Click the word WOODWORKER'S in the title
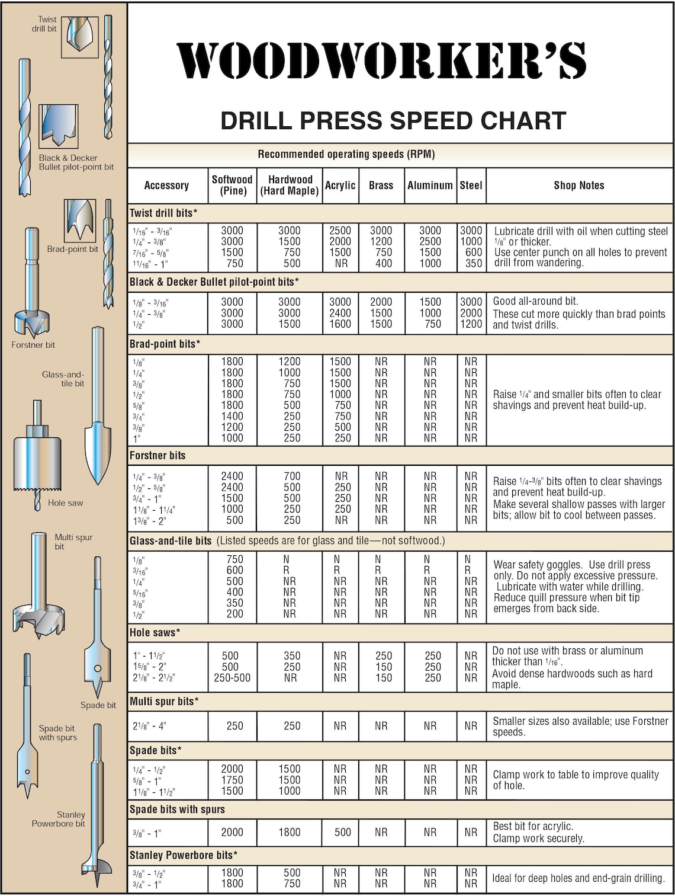(x=381, y=61)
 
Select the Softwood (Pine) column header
(x=232, y=185)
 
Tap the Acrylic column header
(x=340, y=185)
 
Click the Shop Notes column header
(x=578, y=185)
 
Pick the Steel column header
(x=471, y=185)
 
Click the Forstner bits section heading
(x=157, y=456)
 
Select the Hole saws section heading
(x=155, y=633)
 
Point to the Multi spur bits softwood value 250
(x=234, y=726)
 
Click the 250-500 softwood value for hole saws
(x=232, y=678)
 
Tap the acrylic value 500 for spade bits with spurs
(x=342, y=833)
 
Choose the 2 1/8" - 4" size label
(x=149, y=726)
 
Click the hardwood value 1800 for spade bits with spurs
(x=290, y=833)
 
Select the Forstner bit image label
(x=33, y=345)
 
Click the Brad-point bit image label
(x=72, y=249)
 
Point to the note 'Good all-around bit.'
(x=536, y=301)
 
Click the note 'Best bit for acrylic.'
(x=533, y=826)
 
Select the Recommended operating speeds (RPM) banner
(x=346, y=155)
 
